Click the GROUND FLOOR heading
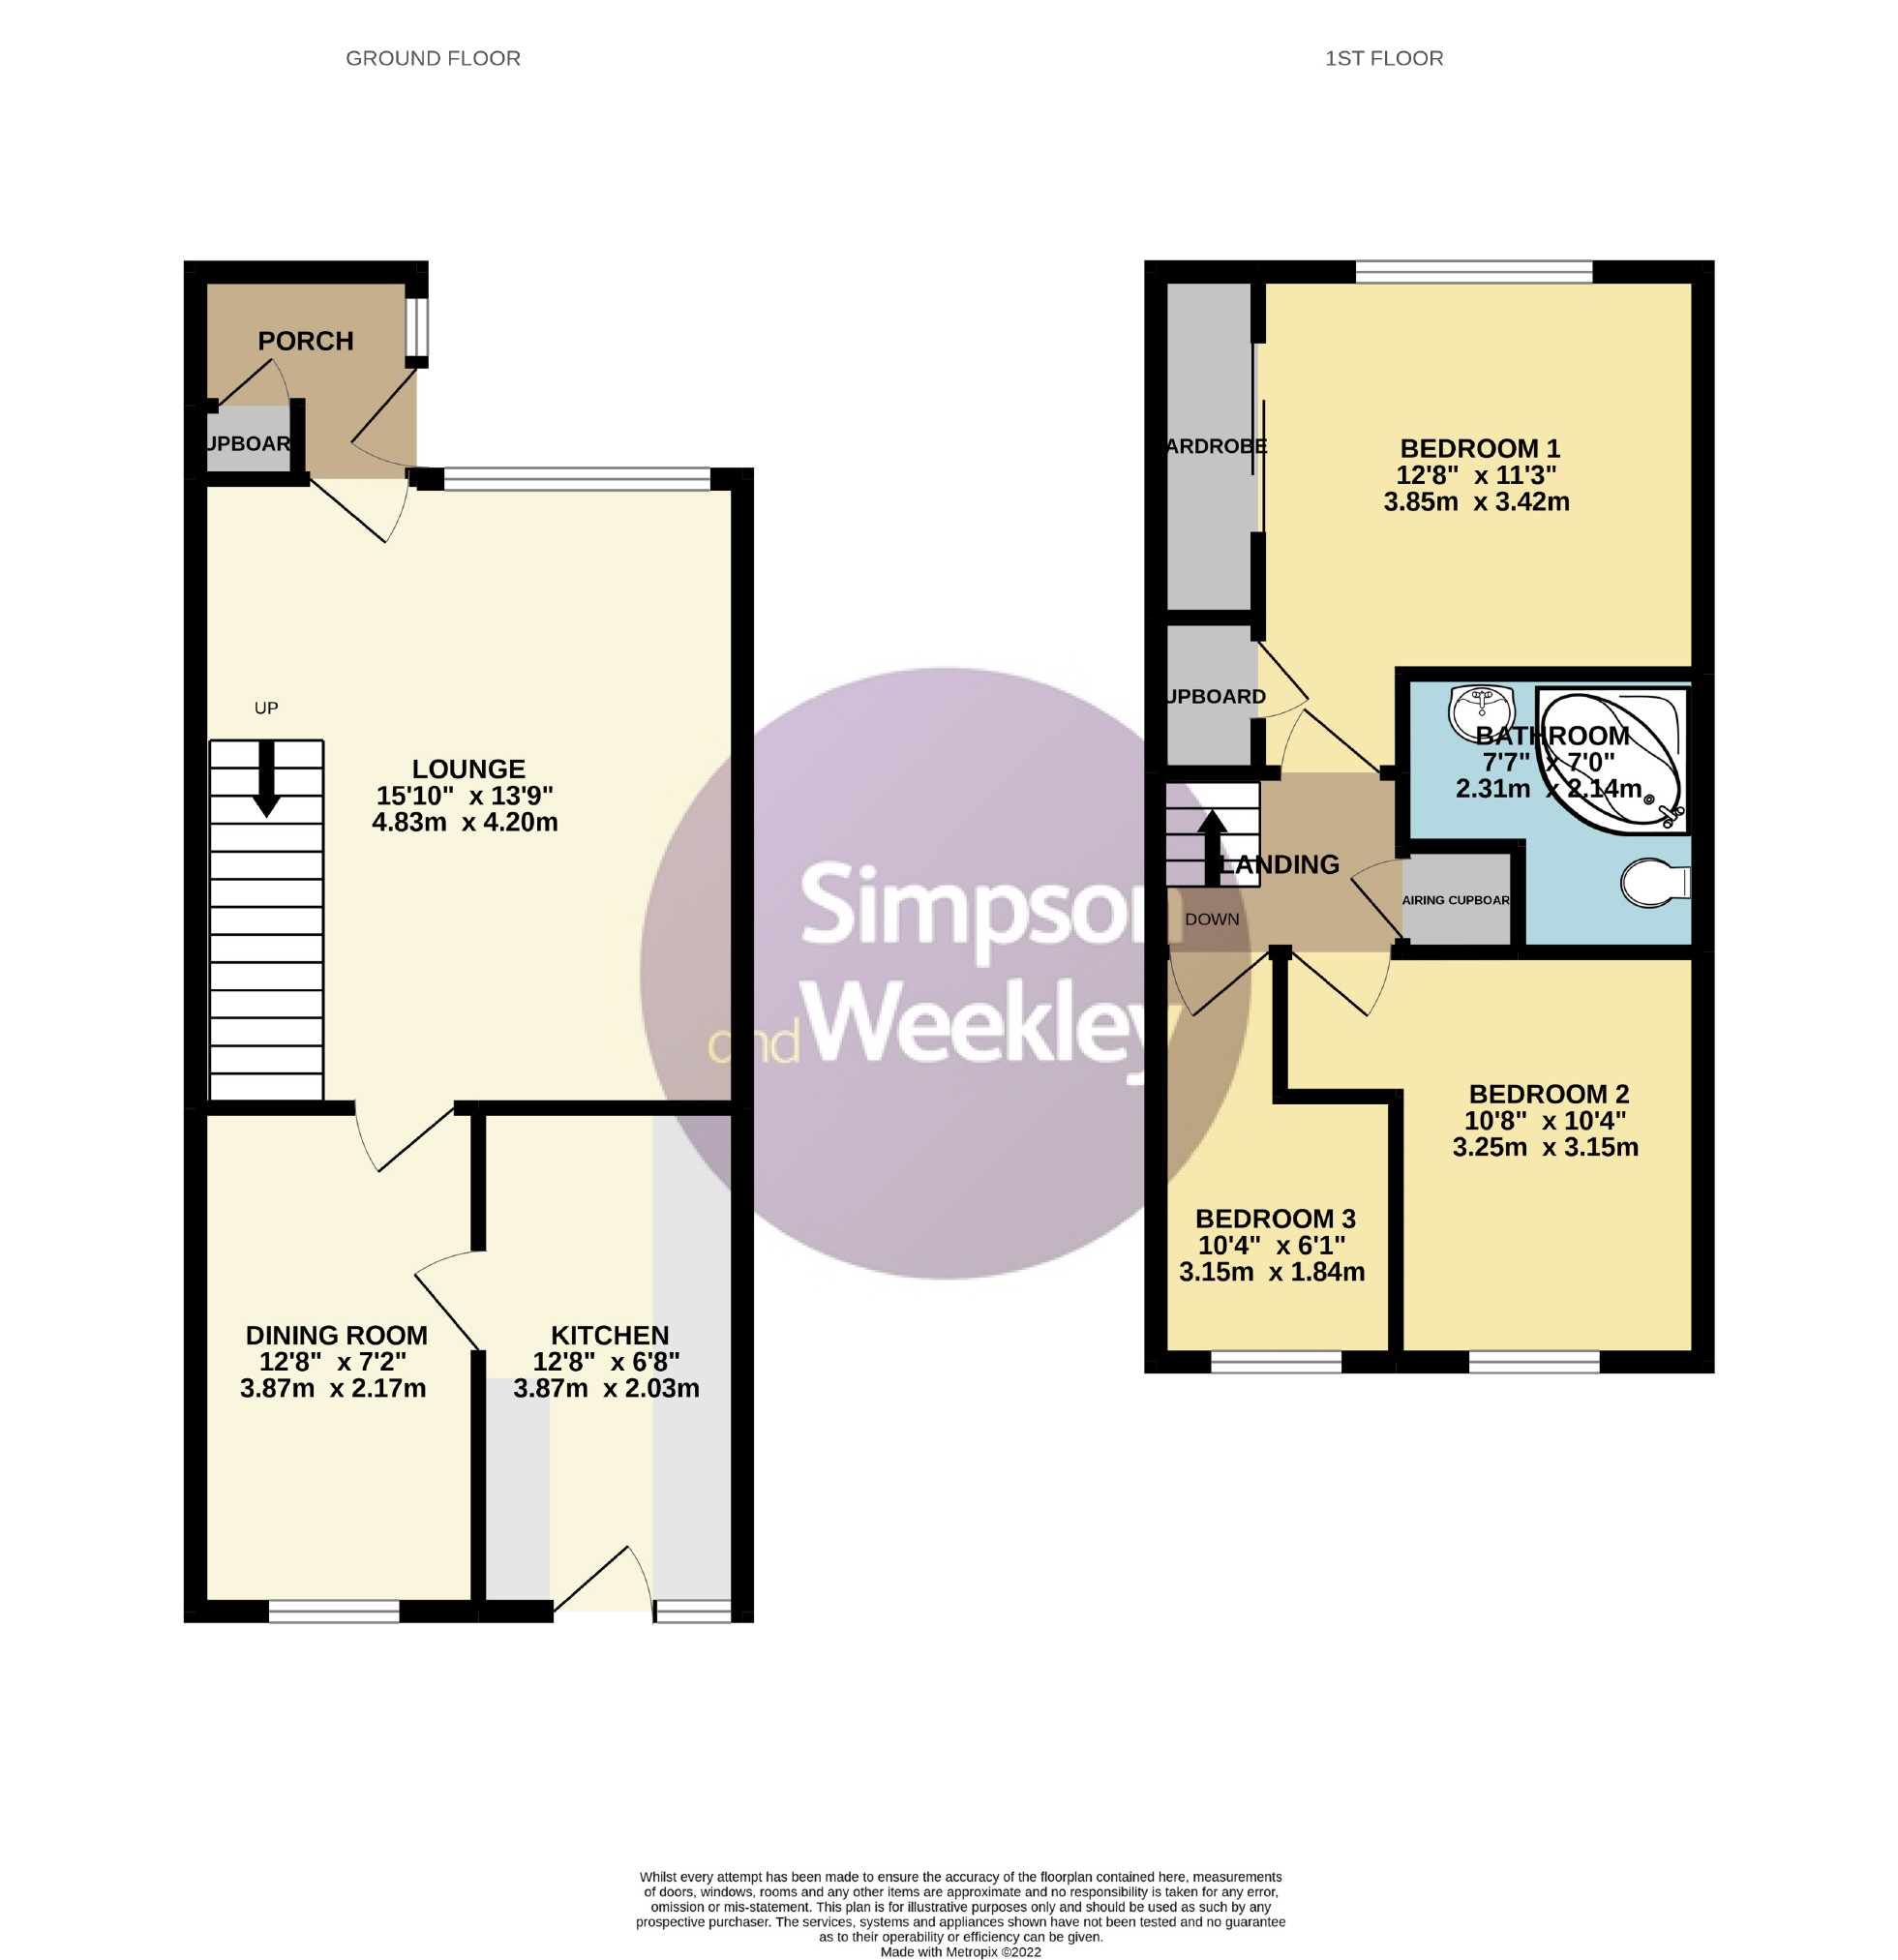pos(433,59)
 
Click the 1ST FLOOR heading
pos(1383,59)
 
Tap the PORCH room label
pos(305,341)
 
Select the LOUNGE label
pos(468,768)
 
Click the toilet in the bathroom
pos(1652,882)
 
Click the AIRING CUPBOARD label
pos(1455,900)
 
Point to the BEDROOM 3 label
pos(1275,1218)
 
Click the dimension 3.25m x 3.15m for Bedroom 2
pos(1545,1147)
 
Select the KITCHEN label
pos(609,1335)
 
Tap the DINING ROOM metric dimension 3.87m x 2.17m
pos(333,1388)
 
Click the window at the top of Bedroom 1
pos(1473,271)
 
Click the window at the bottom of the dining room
pos(334,1610)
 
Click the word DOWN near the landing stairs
pos(1211,919)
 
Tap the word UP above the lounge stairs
pos(266,708)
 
